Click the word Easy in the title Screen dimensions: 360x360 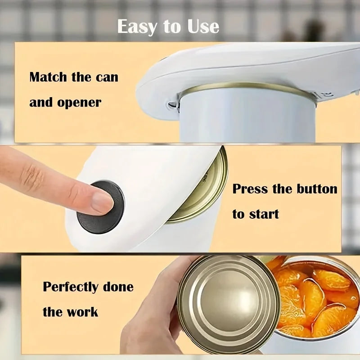point(137,27)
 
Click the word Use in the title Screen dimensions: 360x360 point(202,27)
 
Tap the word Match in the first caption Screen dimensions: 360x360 point(47,77)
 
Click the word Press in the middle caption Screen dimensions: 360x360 point(250,189)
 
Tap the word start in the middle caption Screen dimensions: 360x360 point(263,214)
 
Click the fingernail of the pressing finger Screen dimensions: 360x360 point(102,202)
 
